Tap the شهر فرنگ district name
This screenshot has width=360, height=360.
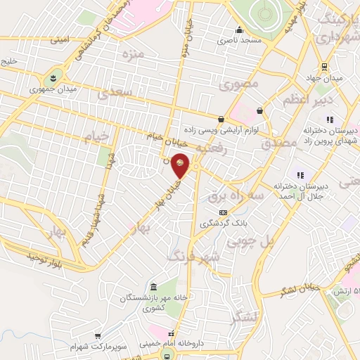193,255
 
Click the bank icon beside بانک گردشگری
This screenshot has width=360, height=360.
223,212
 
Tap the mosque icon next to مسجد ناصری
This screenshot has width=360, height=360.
239,30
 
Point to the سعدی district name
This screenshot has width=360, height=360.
115,92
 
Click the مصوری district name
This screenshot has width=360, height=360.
239,85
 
